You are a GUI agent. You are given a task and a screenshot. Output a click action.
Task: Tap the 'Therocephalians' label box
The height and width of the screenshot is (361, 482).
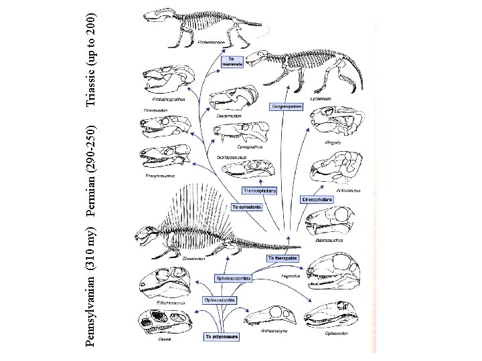(259, 190)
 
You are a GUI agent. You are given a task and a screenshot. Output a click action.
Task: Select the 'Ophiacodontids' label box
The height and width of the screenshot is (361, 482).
(220, 301)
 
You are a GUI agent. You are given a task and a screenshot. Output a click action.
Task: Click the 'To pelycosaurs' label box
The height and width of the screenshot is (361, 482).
(220, 336)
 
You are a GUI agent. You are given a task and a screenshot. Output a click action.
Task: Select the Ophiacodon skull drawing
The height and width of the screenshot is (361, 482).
(333, 314)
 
